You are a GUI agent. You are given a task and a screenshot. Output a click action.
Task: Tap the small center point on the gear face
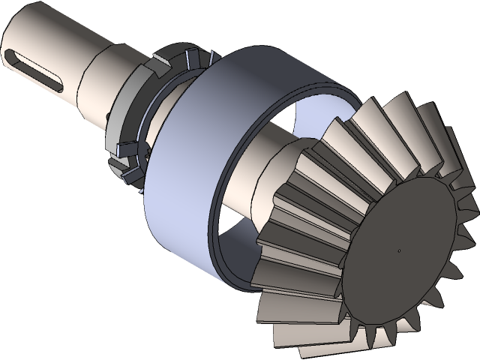click(x=399, y=250)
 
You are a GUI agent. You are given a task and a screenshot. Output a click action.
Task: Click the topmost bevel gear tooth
click(x=405, y=112)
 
